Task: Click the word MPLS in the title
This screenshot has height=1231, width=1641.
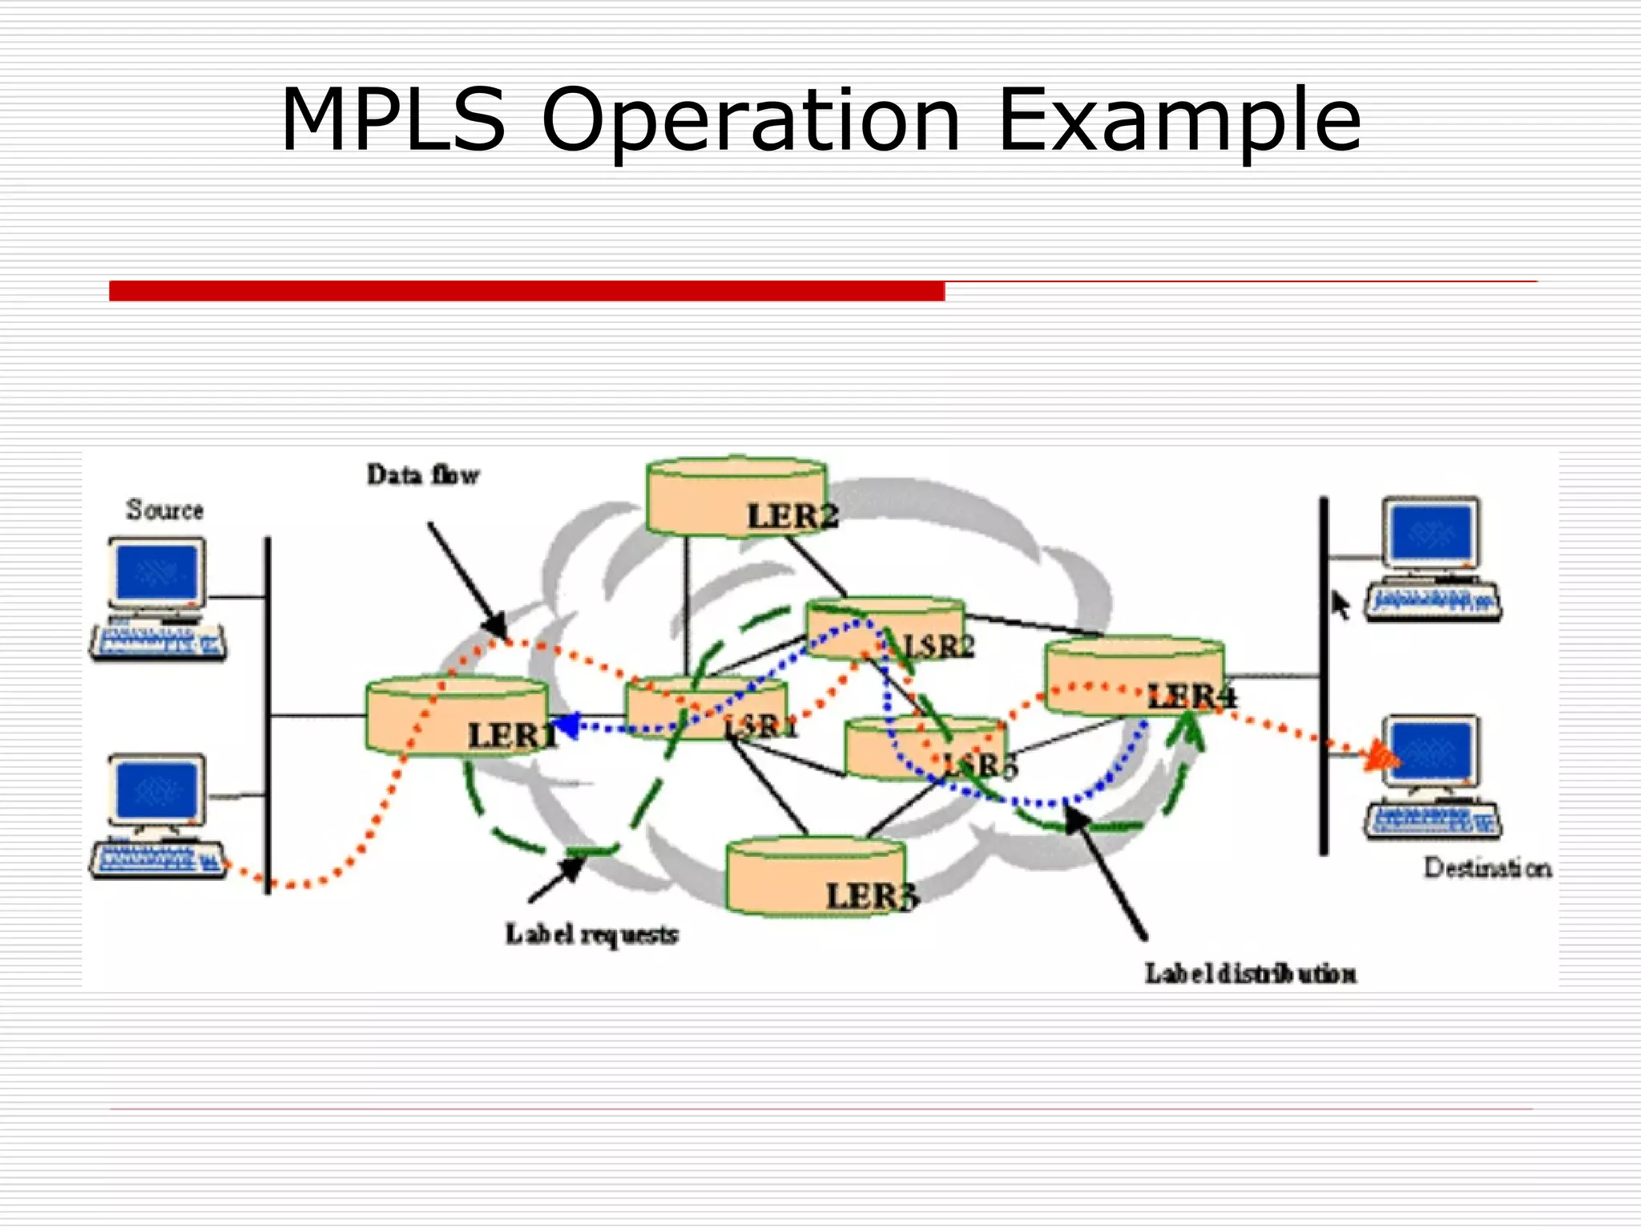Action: click(393, 120)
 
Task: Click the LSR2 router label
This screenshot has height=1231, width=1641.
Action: click(938, 645)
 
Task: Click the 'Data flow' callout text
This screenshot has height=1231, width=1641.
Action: click(423, 475)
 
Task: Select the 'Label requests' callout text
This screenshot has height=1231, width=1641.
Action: click(591, 934)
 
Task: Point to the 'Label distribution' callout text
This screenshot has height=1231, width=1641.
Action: click(1250, 974)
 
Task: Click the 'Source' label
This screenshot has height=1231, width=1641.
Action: click(164, 510)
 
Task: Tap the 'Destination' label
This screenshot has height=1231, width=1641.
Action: click(1487, 868)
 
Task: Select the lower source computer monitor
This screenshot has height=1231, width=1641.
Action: click(157, 789)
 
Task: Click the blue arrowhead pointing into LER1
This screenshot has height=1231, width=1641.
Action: click(566, 726)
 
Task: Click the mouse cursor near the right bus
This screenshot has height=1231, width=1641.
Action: click(1339, 604)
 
